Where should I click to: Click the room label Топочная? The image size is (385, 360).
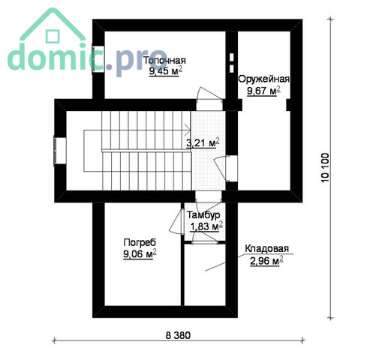coord(165,61)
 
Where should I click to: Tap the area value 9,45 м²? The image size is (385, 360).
coord(166,71)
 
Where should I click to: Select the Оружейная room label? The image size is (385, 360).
coord(263,79)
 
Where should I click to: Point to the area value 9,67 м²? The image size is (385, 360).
coord(263,91)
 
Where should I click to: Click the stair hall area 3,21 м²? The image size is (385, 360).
coord(203,142)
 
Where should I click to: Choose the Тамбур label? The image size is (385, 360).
coord(203,215)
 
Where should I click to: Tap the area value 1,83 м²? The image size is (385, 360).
coord(206,226)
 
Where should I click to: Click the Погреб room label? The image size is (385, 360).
coord(140,242)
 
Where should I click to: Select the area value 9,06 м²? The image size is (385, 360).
coord(140,254)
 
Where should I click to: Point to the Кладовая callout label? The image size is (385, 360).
coord(266,248)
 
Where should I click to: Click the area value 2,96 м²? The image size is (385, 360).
coord(266,261)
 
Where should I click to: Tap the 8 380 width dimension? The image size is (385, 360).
coord(178,335)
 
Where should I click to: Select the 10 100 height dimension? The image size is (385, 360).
coord(325,168)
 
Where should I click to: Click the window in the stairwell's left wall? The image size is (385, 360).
coord(59,151)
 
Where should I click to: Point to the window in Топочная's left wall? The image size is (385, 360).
coord(98,59)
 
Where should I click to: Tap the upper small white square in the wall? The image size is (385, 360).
coord(232,57)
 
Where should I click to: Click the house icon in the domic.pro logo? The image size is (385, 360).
coord(53,24)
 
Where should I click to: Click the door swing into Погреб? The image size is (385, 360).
coord(176,221)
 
